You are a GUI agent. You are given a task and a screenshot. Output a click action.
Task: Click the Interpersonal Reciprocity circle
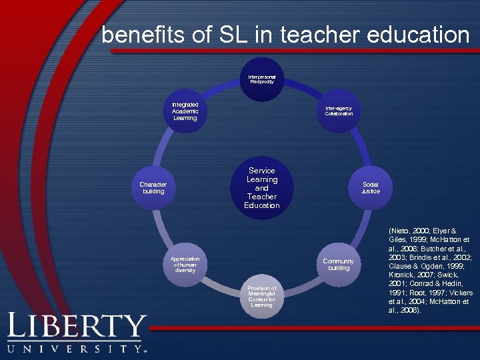pyautogui.click(x=261, y=79)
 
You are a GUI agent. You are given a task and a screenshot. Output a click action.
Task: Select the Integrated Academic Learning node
pyautogui.click(x=185, y=111)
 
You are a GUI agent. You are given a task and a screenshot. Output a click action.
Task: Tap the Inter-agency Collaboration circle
pyautogui.click(x=339, y=111)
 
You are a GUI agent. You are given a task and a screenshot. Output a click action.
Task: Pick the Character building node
pyautogui.click(x=153, y=187)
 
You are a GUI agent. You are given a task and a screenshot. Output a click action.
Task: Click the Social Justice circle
pyautogui.click(x=371, y=187)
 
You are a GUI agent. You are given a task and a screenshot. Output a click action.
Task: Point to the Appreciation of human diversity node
pyautogui.click(x=185, y=264)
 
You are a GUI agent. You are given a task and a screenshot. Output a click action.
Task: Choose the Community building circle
pyautogui.click(x=338, y=264)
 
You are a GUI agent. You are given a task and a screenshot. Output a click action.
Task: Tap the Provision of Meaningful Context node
pyautogui.click(x=261, y=296)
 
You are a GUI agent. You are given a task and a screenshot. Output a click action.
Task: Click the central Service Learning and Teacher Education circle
pyautogui.click(x=261, y=187)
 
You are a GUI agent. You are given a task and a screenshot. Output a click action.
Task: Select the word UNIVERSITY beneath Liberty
pyautogui.click(x=74, y=349)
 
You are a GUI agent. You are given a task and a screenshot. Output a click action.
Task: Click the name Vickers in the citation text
pyautogui.click(x=458, y=292)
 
